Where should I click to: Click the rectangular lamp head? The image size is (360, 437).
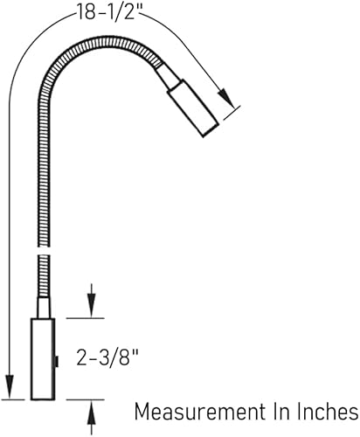191,107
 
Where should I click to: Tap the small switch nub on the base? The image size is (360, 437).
54,359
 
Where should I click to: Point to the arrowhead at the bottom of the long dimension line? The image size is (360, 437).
9,388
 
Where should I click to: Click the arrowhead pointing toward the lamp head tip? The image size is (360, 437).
225,95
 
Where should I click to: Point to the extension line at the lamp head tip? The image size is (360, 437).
230,112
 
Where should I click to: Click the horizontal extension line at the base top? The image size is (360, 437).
83,318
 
